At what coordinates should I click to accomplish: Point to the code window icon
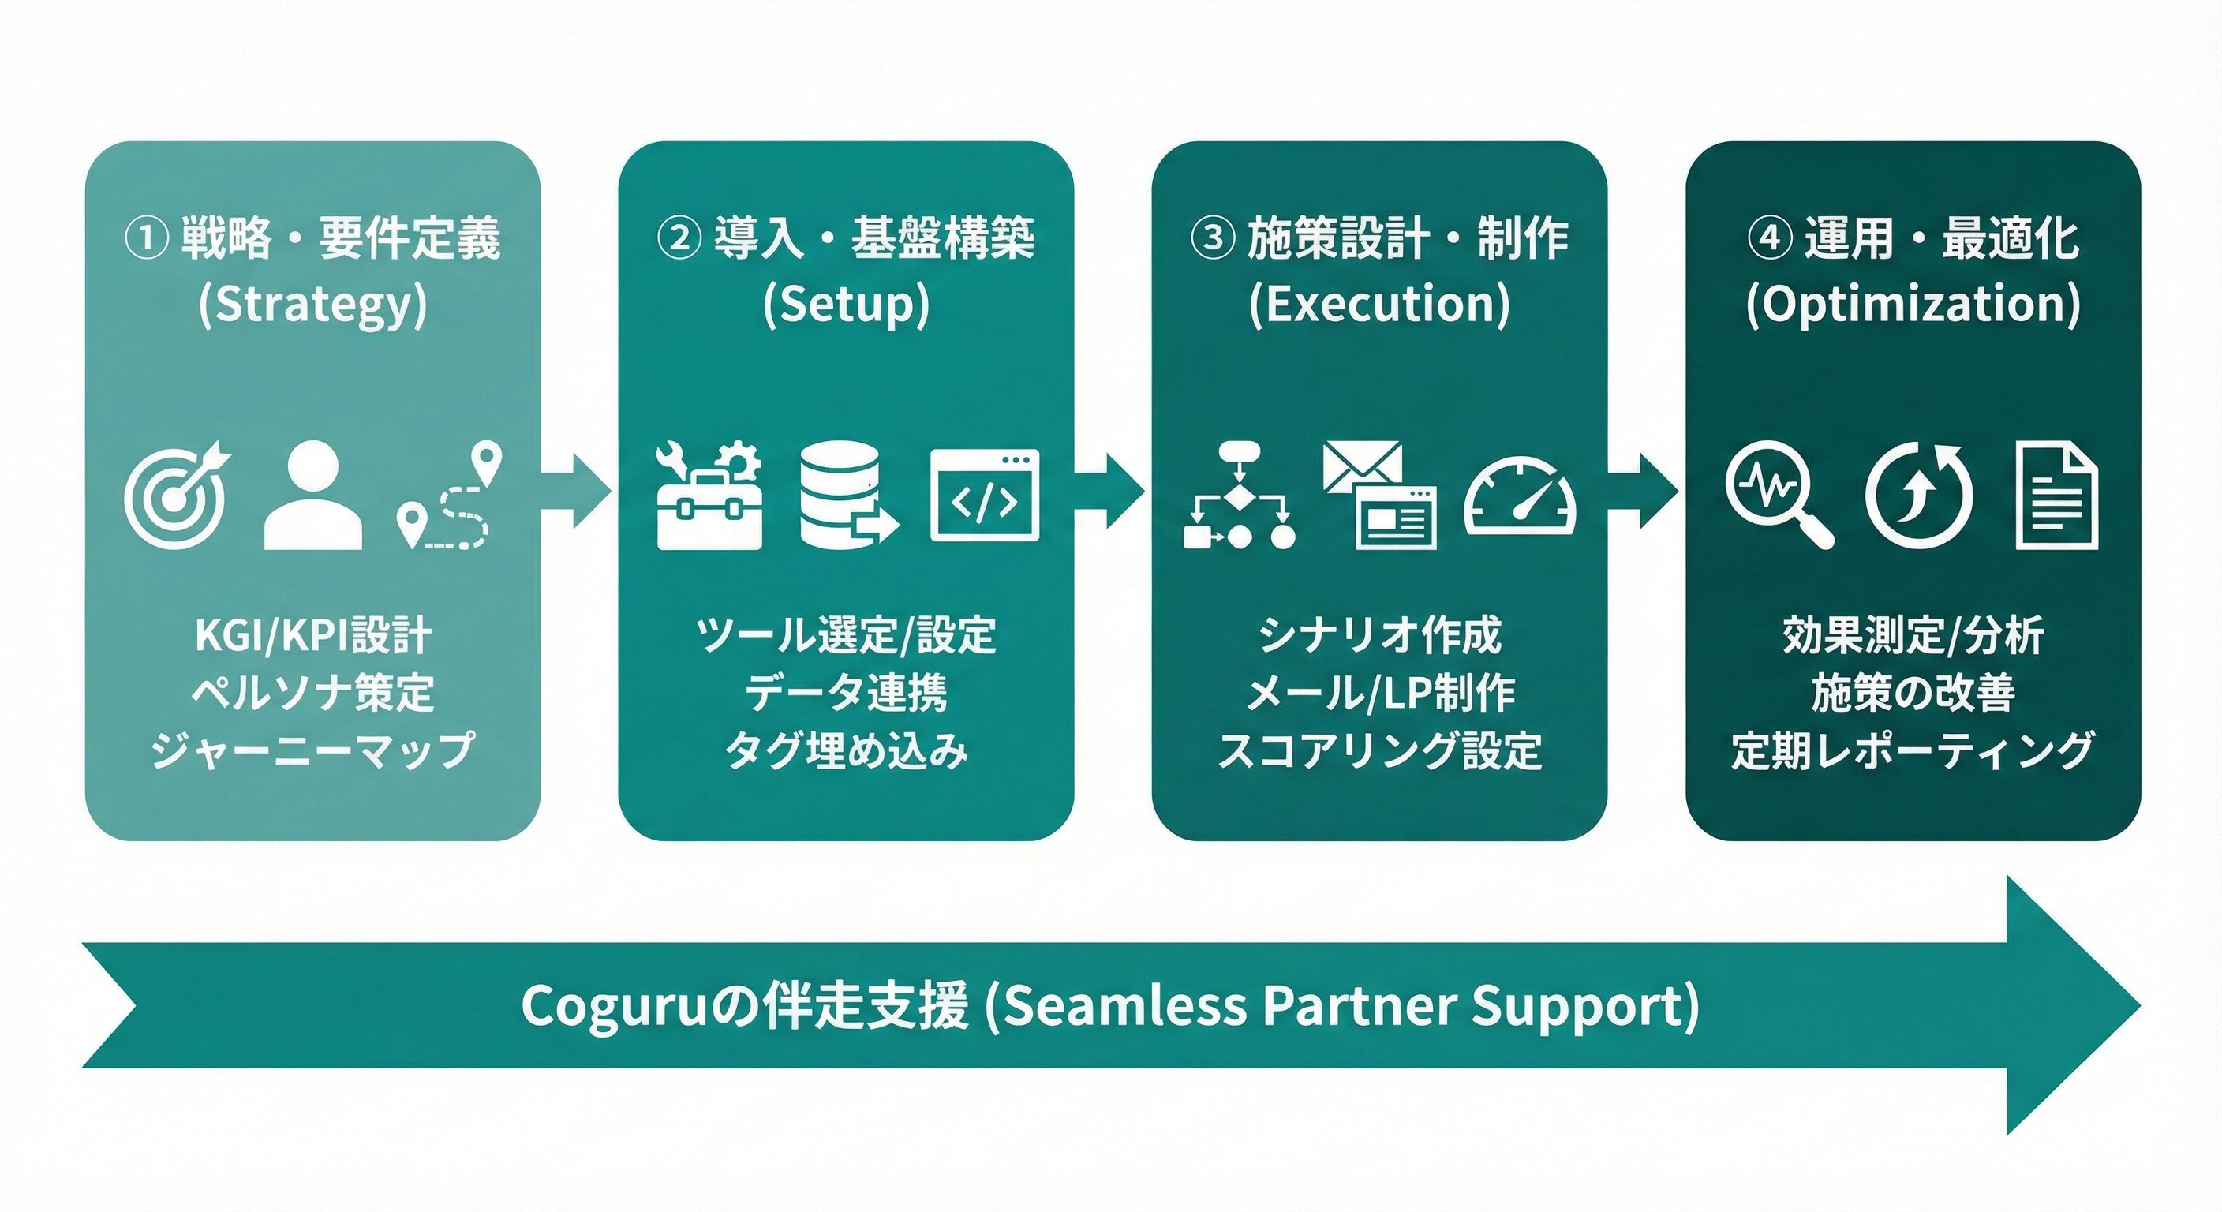point(984,496)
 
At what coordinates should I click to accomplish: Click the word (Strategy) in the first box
point(312,305)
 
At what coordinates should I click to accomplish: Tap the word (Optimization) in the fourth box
point(1913,305)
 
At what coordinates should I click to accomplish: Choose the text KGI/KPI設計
point(312,636)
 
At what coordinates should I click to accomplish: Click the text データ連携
point(845,693)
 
